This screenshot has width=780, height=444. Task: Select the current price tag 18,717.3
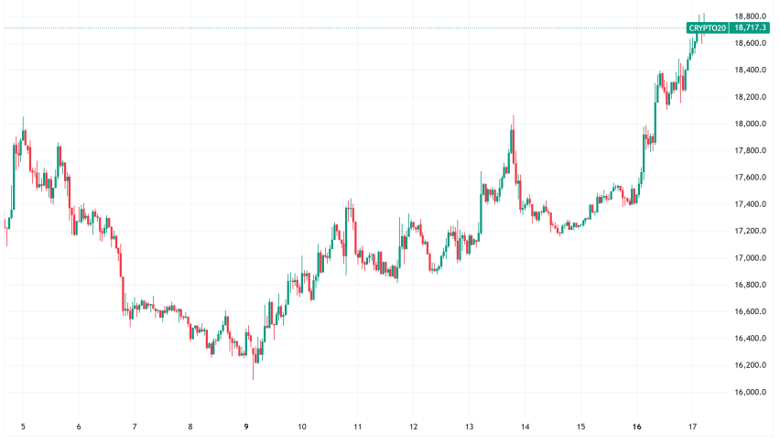tap(751, 28)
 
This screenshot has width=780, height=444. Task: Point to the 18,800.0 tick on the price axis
tap(751, 16)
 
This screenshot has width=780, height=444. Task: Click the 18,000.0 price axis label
tap(751, 124)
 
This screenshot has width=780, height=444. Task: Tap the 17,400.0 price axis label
tap(751, 204)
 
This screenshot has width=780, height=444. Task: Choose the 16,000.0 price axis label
tap(751, 393)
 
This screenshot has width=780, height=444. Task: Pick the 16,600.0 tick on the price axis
tap(751, 312)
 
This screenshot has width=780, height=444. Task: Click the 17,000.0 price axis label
tap(751, 258)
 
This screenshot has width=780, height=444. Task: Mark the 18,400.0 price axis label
tap(751, 70)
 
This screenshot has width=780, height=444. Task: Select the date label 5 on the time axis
tap(23, 427)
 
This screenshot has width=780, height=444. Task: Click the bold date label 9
tap(246, 427)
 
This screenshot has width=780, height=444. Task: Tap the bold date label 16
tap(637, 427)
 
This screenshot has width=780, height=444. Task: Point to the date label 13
tap(470, 427)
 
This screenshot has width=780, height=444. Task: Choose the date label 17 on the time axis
tap(693, 427)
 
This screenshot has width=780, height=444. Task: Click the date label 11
tap(358, 427)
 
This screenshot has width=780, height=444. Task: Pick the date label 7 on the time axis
tap(135, 427)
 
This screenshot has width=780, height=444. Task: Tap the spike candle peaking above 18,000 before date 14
tap(514, 128)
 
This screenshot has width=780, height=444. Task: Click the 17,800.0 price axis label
tap(751, 151)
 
